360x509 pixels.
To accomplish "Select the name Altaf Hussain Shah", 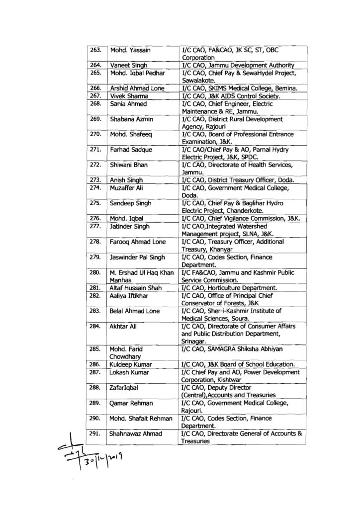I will pyautogui.click(x=136, y=287).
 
